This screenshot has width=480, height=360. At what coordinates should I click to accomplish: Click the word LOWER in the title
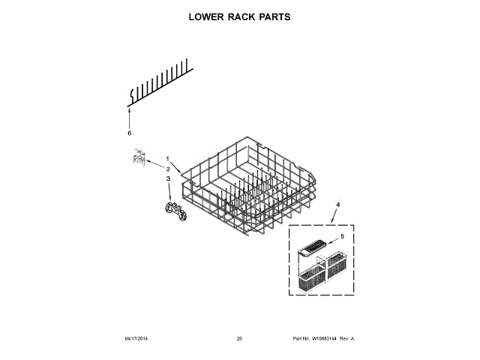(x=203, y=16)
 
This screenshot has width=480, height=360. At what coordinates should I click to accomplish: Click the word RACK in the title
(x=241, y=16)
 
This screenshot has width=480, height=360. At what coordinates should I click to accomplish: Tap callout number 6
(x=129, y=133)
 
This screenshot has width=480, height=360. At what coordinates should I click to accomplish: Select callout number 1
(x=168, y=158)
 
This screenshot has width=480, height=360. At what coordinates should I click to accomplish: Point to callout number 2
(x=168, y=169)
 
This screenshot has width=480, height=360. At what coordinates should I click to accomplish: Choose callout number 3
(x=168, y=178)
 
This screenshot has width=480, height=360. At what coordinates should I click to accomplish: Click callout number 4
(x=338, y=205)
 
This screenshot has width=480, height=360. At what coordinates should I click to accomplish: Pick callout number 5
(x=343, y=236)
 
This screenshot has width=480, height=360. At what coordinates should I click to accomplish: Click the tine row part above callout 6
(x=159, y=82)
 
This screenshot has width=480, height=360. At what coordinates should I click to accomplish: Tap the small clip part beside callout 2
(x=137, y=157)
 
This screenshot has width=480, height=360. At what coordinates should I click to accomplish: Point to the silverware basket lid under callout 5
(x=313, y=245)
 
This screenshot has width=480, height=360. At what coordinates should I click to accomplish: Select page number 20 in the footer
(x=239, y=339)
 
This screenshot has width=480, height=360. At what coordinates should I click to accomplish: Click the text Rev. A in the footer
(x=346, y=339)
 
